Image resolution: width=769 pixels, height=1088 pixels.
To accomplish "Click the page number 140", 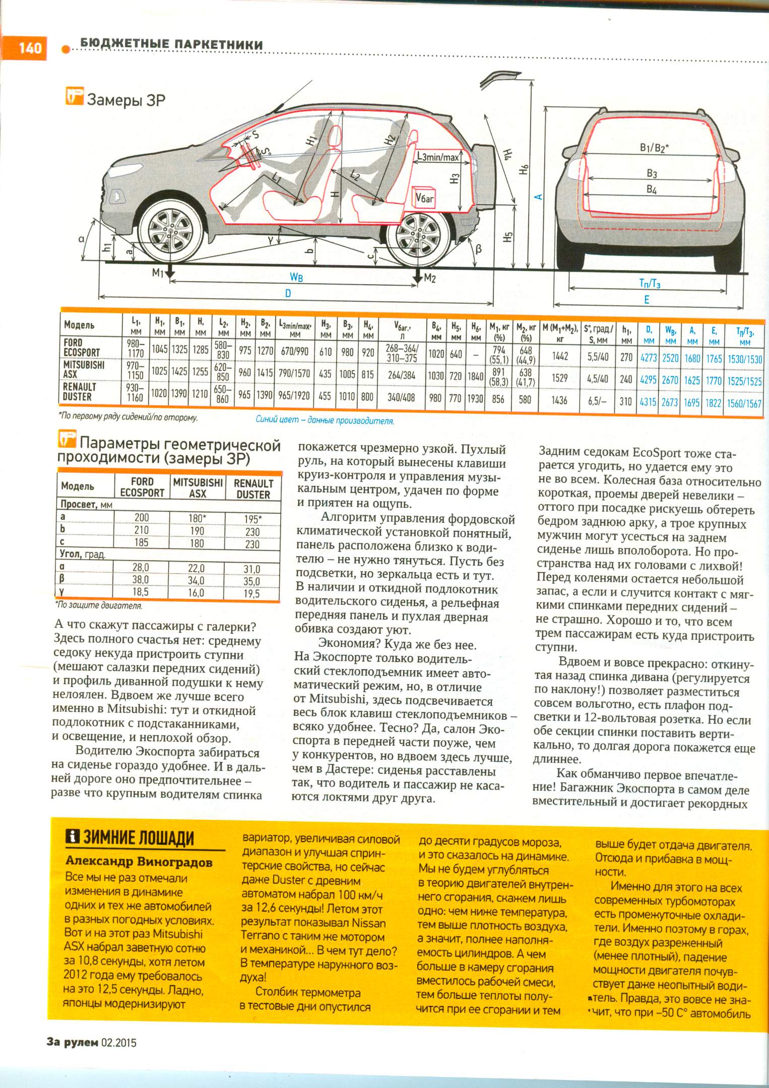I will tap(30, 48).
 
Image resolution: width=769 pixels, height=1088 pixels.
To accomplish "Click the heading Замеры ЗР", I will tap(126, 100).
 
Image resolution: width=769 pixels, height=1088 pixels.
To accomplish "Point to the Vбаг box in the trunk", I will tap(424, 198).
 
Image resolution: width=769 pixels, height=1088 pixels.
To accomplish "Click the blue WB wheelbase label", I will tap(296, 277).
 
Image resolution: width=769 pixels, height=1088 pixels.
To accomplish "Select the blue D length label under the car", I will tap(288, 293).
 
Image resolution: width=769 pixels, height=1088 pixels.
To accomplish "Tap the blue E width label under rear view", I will tap(647, 299).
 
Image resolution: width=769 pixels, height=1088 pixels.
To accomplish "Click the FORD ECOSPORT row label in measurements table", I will tap(82, 347).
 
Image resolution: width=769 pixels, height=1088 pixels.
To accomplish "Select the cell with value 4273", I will tap(648, 357).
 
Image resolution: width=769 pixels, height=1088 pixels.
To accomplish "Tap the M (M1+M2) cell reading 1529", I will tap(559, 378).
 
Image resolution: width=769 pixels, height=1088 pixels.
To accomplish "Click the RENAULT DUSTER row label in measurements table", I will tap(80, 391).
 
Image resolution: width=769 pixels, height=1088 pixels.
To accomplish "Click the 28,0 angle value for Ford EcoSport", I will tap(141, 568).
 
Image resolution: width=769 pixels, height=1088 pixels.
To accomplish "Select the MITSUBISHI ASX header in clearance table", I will tap(198, 488).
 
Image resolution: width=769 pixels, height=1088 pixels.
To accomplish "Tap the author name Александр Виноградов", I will tap(139, 862).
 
